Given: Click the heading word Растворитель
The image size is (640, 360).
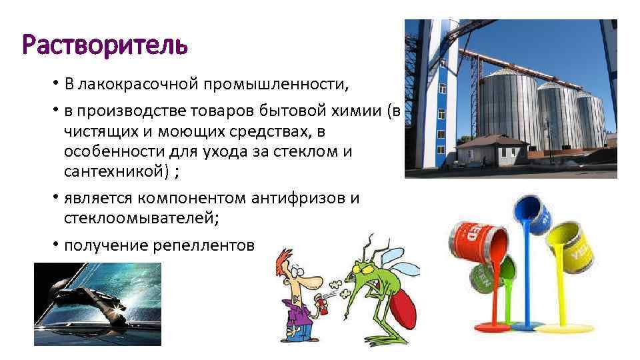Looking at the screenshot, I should click(105, 46).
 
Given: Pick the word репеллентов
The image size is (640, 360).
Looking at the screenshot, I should click(203, 245).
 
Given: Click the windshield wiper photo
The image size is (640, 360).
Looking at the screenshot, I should click(97, 303).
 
